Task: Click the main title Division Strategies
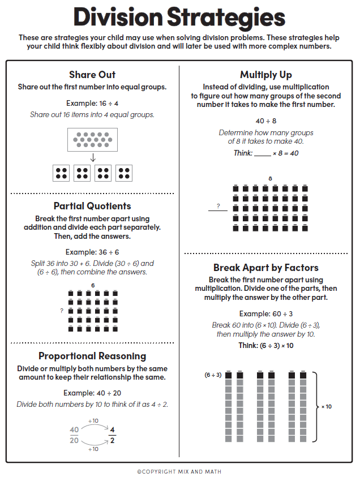(179, 18)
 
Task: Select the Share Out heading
(92, 75)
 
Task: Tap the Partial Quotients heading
(92, 206)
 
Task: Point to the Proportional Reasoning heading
(92, 356)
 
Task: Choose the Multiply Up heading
(266, 75)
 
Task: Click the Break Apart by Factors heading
(266, 268)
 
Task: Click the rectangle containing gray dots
(92, 139)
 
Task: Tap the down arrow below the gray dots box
(93, 158)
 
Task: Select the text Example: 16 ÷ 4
(92, 103)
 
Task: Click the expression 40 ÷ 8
(266, 121)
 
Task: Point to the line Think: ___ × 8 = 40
(266, 153)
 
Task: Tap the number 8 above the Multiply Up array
(270, 179)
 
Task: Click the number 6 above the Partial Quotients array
(93, 285)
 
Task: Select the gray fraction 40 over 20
(74, 435)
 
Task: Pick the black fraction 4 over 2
(112, 435)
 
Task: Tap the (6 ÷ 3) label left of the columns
(213, 375)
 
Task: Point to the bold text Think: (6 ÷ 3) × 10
(266, 346)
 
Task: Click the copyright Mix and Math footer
(179, 471)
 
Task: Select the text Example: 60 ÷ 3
(266, 313)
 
